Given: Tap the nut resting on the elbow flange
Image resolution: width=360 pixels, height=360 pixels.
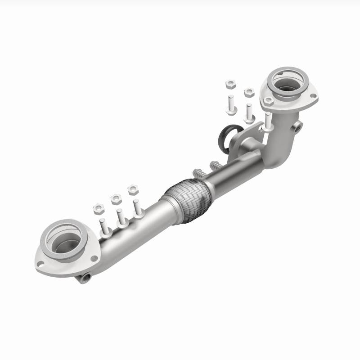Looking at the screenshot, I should [x=269, y=101].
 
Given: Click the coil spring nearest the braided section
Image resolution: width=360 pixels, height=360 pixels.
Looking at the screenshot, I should [x=198, y=173].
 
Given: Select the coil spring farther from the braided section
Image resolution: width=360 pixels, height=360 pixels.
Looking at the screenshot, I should [x=216, y=166].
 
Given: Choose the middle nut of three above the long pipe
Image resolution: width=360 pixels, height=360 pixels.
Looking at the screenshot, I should [x=116, y=198].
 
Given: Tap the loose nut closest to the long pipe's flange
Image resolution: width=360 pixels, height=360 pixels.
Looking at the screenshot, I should [x=99, y=208].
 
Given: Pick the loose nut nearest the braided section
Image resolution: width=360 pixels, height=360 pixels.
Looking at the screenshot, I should [x=133, y=189].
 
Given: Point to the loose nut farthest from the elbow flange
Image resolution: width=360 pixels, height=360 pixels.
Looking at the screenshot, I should [x=99, y=208].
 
